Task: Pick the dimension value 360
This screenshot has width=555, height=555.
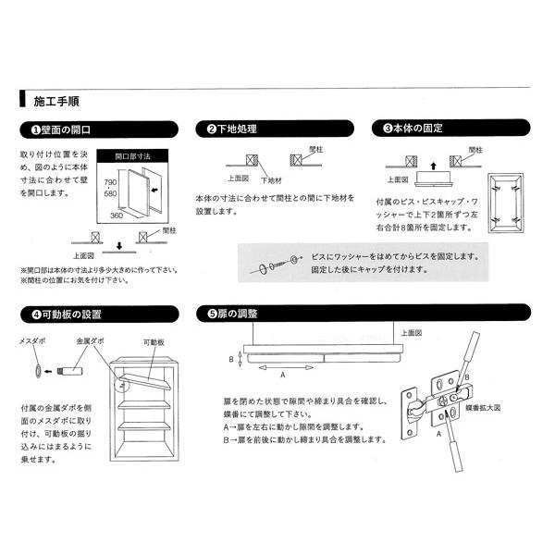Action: click(x=117, y=215)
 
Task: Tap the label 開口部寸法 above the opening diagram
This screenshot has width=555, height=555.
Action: click(x=132, y=157)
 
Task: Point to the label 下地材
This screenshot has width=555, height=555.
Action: click(x=272, y=180)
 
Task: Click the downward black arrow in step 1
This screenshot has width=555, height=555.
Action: click(x=119, y=247)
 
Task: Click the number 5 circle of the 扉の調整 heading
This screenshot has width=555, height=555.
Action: click(x=201, y=314)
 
